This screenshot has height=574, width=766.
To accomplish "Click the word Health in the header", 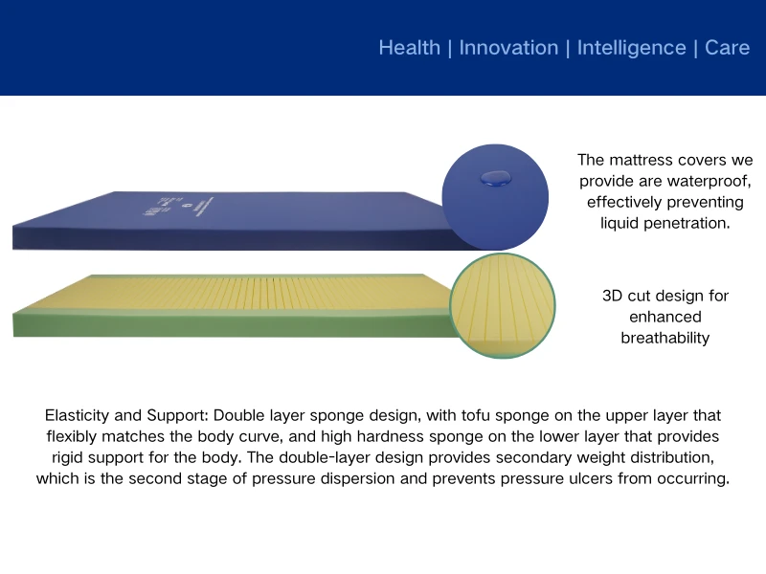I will click(410, 48).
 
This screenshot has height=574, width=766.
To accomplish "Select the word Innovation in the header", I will click(508, 48).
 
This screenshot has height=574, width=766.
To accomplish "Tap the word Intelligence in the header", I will click(631, 48).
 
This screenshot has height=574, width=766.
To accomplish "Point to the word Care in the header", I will click(727, 48).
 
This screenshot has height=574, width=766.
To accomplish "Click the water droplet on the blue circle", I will click(495, 176).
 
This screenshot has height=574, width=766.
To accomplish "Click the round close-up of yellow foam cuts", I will click(502, 305).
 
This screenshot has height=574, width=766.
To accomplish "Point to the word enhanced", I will click(665, 317).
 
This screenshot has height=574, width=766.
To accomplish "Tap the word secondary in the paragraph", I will click(543, 457).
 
